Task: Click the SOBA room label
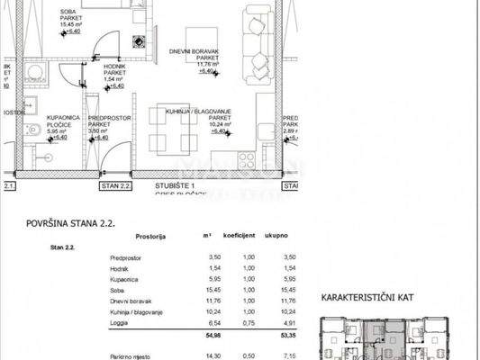point(68,11)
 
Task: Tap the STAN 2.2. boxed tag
point(116,185)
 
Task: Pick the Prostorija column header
point(149,237)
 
